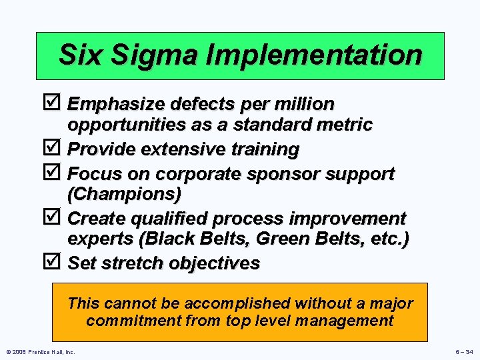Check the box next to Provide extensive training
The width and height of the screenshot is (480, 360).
(57, 149)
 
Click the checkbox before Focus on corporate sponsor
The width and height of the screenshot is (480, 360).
(57, 173)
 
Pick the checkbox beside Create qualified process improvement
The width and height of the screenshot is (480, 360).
(57, 218)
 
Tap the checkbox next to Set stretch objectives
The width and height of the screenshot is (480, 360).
(57, 262)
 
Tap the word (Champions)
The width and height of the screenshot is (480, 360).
(124, 194)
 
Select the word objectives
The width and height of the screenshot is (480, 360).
(215, 263)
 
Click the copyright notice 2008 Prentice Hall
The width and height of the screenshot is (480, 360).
(40, 351)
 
